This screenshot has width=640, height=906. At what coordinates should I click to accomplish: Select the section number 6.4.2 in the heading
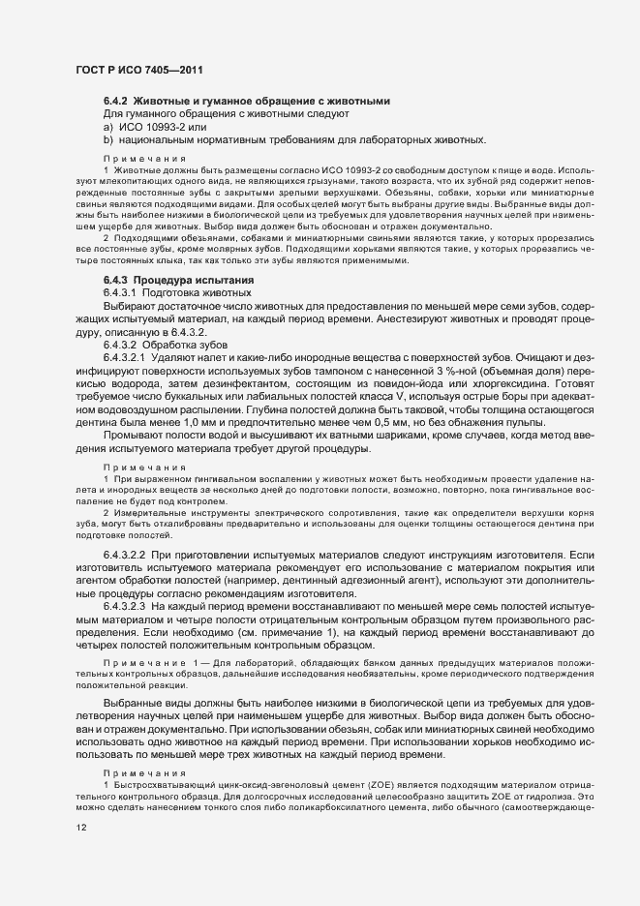coord(115,102)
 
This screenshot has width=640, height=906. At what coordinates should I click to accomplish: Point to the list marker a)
coord(107,127)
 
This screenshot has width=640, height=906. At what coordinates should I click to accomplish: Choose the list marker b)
coord(107,139)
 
